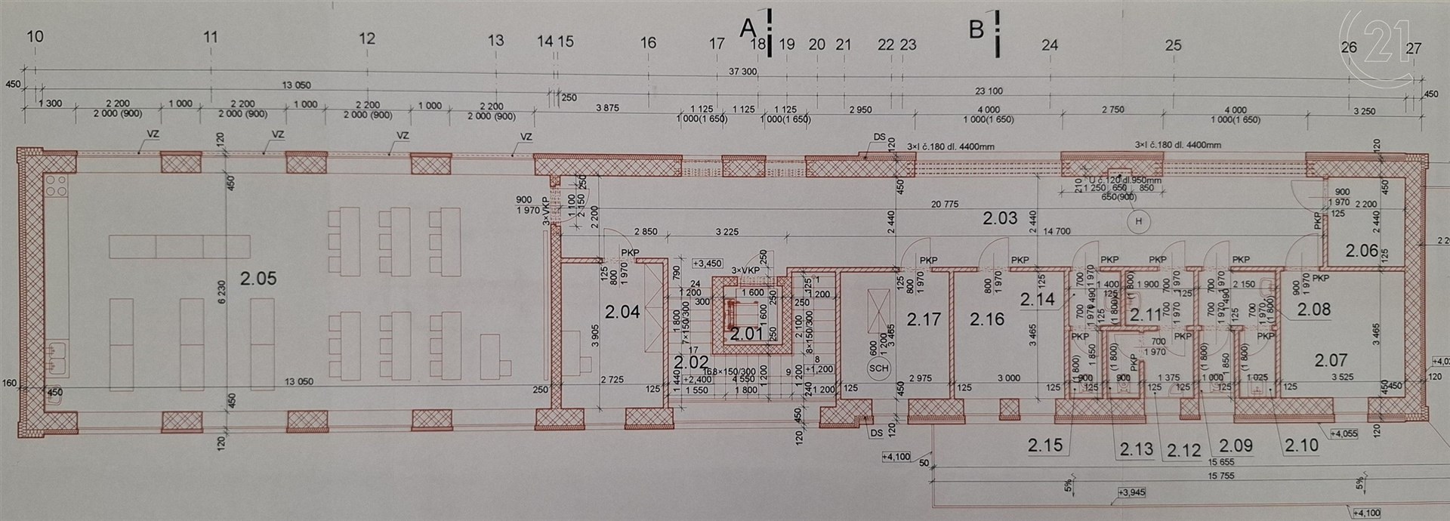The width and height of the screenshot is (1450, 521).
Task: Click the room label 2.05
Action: click(258, 279)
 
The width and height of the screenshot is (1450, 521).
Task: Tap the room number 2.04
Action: click(622, 311)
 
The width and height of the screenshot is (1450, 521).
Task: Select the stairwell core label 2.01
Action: click(748, 334)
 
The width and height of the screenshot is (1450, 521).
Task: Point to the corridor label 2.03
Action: click(1000, 219)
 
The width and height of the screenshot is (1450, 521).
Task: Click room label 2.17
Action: click(924, 319)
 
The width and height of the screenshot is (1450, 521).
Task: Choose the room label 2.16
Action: click(988, 319)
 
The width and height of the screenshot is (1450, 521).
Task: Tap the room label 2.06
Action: click(1362, 250)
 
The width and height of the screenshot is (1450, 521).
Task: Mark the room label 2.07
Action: click(1331, 360)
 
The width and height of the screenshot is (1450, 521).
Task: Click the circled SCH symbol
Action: click(879, 368)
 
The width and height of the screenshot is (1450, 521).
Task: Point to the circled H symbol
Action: click(1137, 220)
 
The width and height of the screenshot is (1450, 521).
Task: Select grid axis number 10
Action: click(35, 37)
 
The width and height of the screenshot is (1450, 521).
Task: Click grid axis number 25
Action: click(1173, 45)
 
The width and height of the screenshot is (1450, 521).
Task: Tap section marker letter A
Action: click(747, 29)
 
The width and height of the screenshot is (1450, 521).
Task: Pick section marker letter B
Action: click(976, 29)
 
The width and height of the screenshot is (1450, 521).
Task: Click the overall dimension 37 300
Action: click(744, 72)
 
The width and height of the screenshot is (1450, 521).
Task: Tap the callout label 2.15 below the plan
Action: click(1045, 445)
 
